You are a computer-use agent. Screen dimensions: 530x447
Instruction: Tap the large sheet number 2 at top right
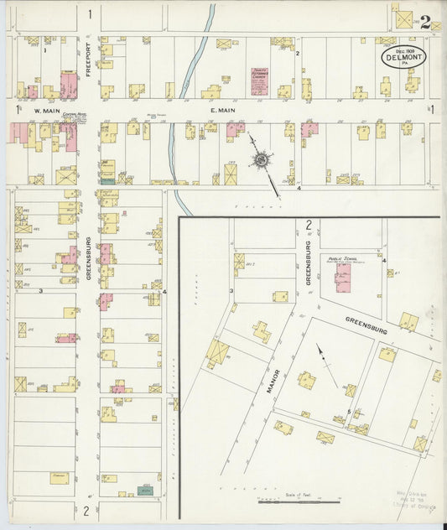426,23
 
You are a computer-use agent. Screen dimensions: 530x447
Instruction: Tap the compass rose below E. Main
262,159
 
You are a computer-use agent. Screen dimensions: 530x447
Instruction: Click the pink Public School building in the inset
343,277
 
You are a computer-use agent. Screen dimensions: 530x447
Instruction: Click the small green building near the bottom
147,489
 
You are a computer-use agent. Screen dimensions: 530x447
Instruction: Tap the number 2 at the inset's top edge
309,225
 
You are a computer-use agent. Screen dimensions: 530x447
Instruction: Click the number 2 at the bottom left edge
86,511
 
